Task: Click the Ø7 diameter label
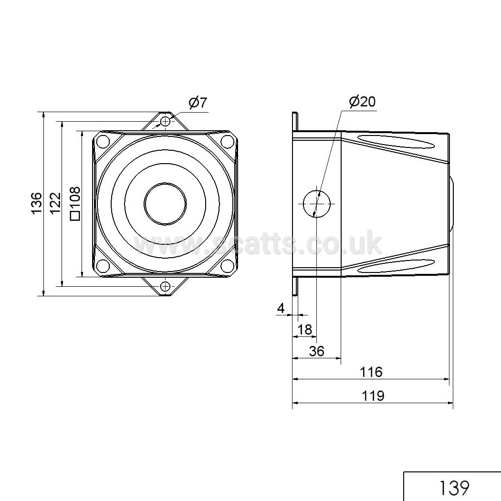198,103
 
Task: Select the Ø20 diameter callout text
362,101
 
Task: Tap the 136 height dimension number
37,203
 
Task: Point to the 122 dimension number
56,203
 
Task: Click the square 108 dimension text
75,204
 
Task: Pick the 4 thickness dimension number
281,308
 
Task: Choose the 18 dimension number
304,329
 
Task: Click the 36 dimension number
317,351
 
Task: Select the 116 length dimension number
371,372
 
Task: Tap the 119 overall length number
373,396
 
